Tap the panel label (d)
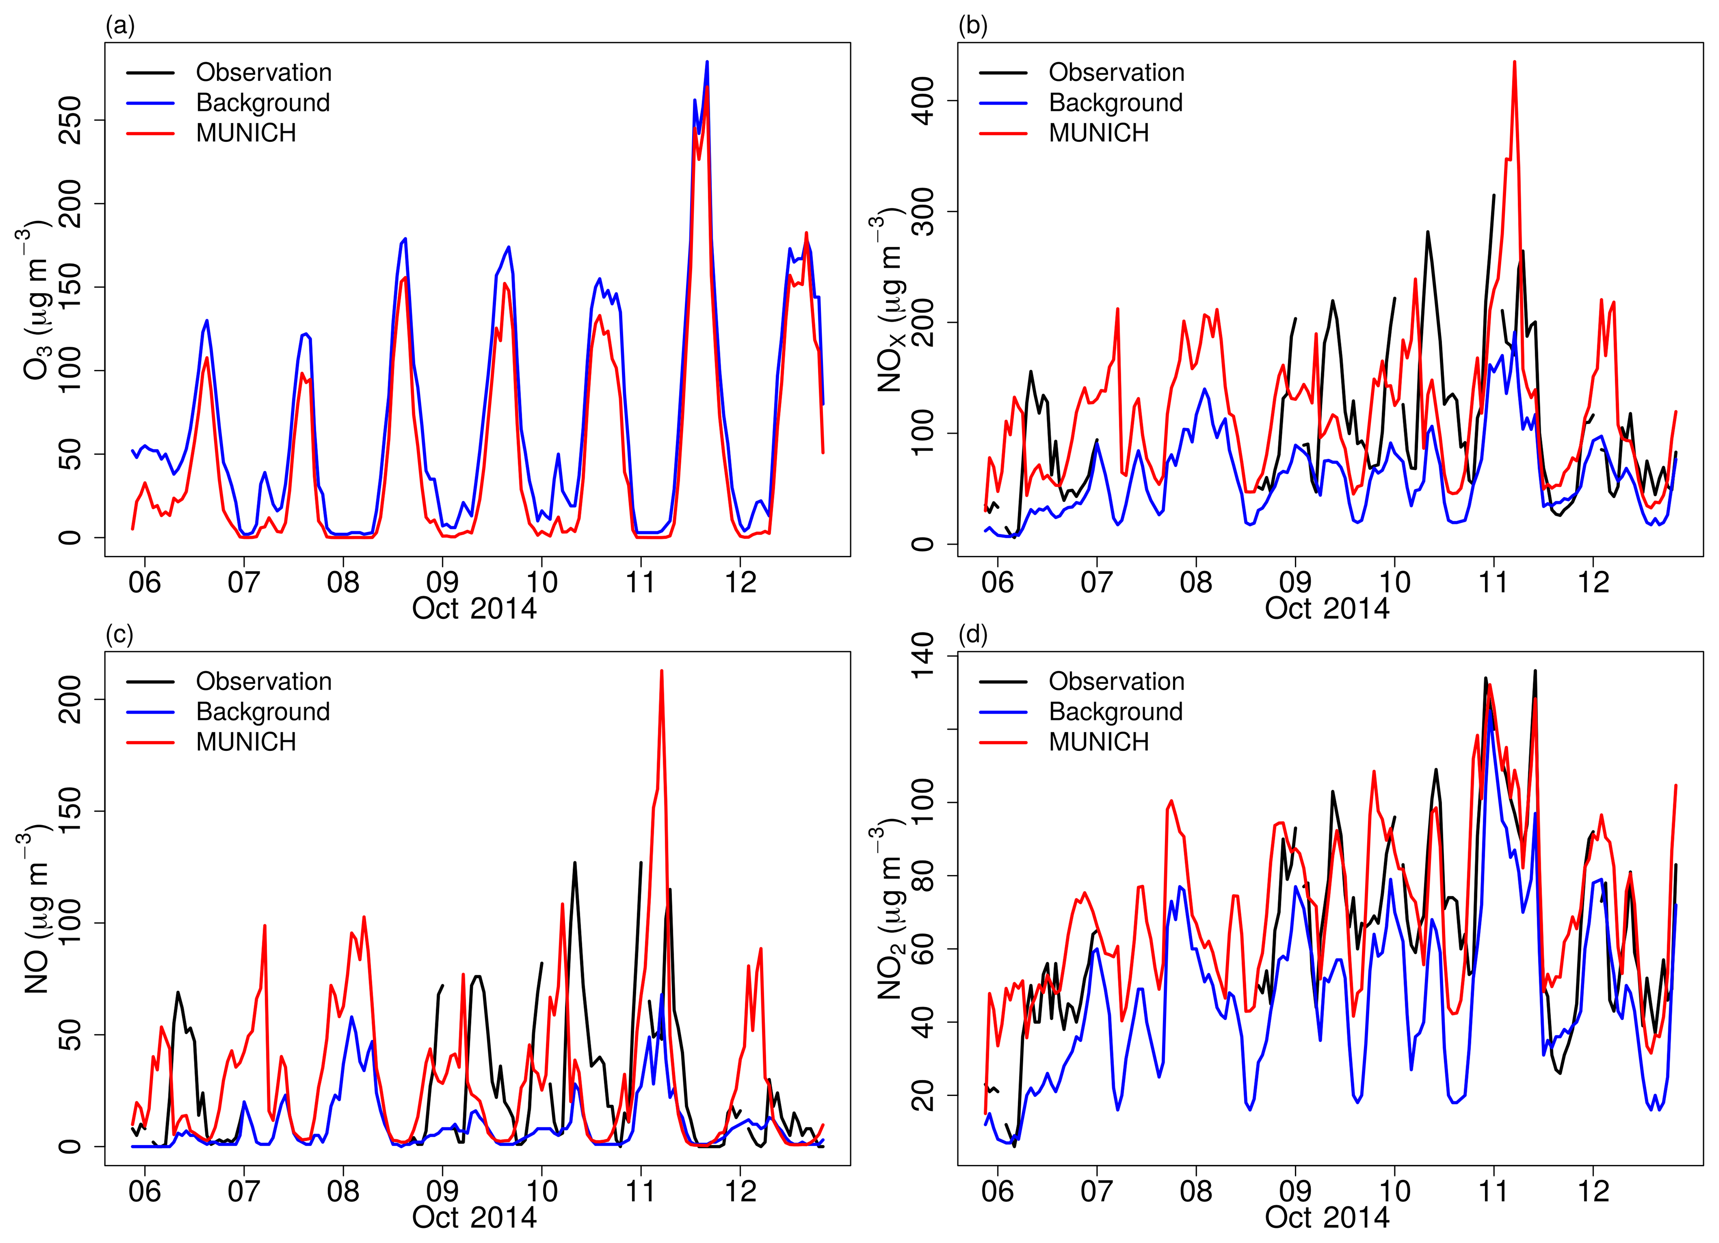pos(972,635)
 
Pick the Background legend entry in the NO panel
pos(262,712)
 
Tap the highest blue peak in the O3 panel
pos(707,62)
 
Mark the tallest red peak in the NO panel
pos(662,671)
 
